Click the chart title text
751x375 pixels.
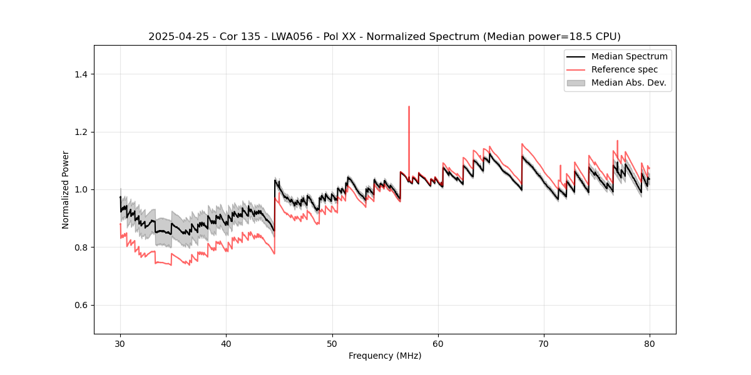coord(384,36)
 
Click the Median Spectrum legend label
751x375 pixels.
coord(629,56)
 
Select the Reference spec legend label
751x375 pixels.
coord(625,69)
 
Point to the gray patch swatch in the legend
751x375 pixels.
coord(576,82)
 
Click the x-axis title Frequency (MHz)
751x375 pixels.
coord(385,356)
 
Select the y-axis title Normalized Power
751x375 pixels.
coord(66,189)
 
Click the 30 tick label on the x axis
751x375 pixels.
coord(120,344)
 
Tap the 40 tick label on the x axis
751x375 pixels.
coord(227,344)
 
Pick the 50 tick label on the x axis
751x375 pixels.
coord(332,344)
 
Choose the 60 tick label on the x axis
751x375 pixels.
coord(438,344)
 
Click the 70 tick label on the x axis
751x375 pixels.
coord(544,344)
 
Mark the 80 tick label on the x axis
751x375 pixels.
coord(650,344)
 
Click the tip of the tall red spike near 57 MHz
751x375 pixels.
coord(409,107)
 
